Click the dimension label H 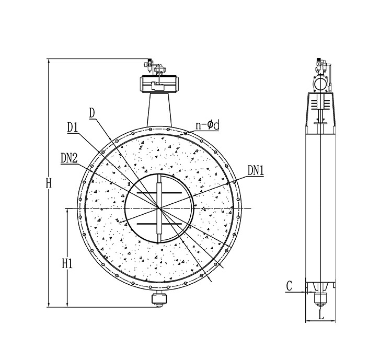49,183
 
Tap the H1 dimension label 67,263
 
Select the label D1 73,127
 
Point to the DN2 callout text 69,158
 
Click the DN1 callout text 256,171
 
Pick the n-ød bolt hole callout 207,125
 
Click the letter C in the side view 289,286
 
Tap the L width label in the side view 321,315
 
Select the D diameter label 92,113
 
